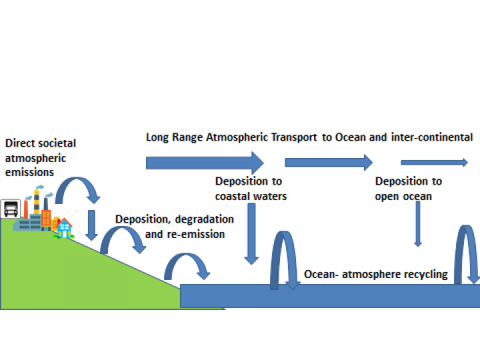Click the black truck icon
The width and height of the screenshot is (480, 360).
click(9, 209)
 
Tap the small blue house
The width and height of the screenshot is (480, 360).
click(65, 229)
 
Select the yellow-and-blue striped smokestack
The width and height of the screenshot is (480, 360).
click(37, 204)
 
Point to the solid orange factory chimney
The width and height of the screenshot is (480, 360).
click(25, 208)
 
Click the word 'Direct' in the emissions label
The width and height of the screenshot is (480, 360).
click(20, 143)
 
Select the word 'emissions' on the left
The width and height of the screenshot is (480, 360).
click(29, 172)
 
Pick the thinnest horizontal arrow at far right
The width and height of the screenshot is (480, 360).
click(434, 162)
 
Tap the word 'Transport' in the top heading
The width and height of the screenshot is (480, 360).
click(276, 137)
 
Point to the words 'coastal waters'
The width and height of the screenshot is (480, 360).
click(251, 196)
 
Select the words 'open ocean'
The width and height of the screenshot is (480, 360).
click(403, 196)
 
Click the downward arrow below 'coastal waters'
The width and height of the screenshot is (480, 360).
click(251, 233)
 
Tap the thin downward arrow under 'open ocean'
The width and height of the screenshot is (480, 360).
click(418, 223)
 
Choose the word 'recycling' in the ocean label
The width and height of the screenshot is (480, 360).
click(424, 274)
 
